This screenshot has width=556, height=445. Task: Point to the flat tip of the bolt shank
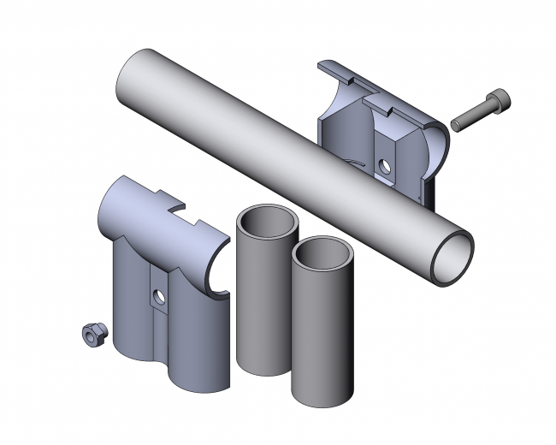click(454, 125)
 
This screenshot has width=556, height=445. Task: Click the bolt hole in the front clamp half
click(157, 298)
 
